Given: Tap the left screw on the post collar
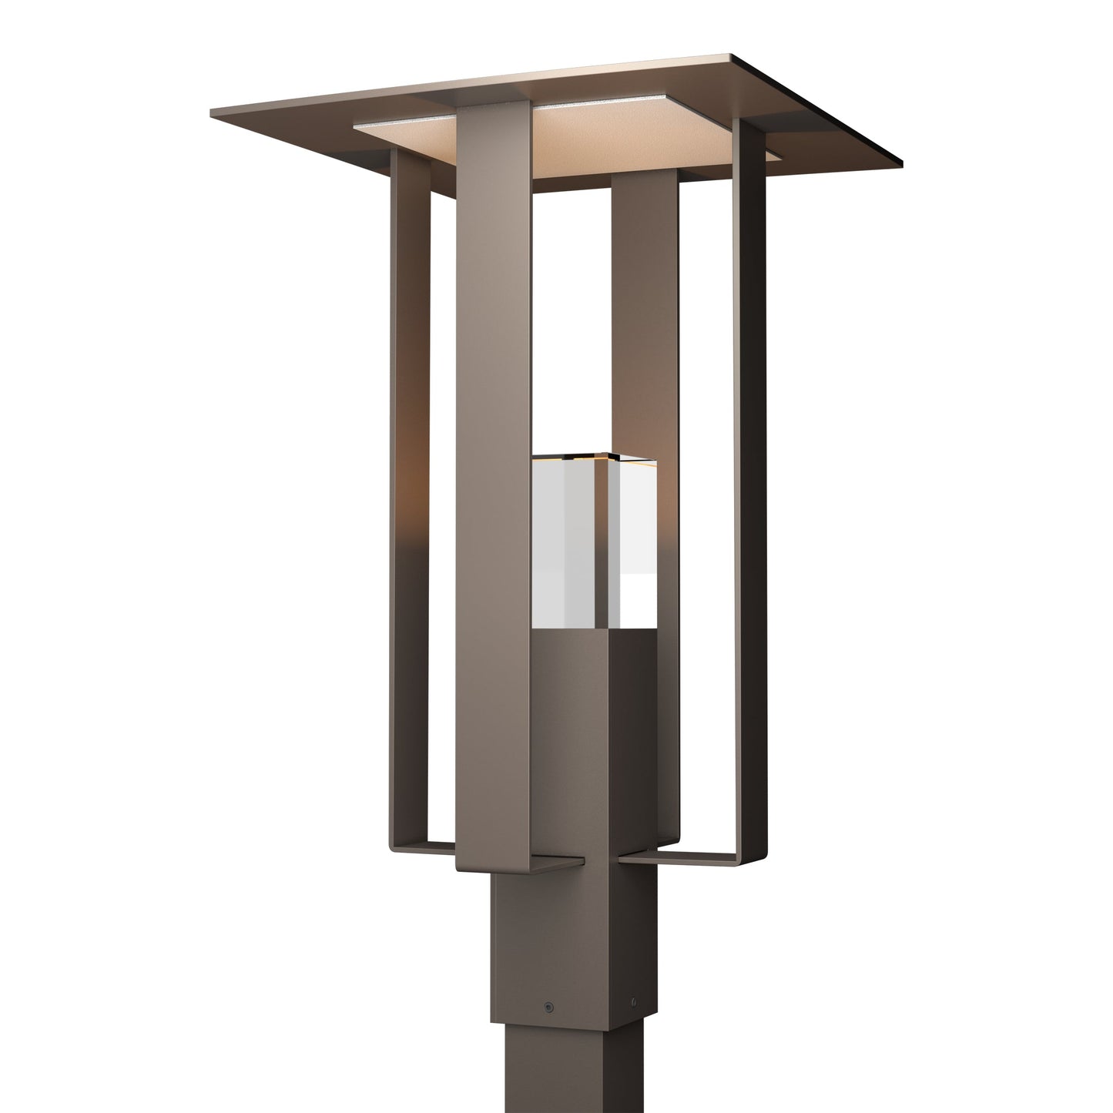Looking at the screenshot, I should (548, 1006).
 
